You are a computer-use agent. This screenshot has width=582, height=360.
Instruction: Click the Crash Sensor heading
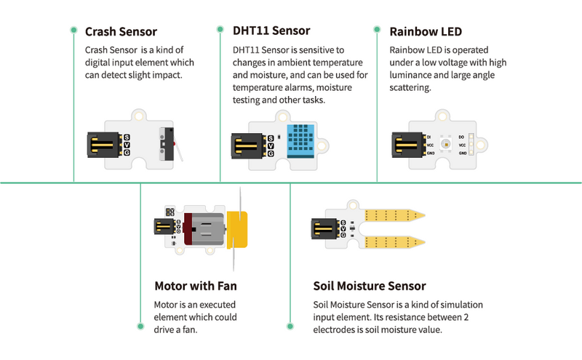(121, 32)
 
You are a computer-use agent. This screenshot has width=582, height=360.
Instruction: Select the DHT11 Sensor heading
(271, 31)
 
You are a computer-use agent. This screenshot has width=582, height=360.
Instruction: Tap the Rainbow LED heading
(426, 32)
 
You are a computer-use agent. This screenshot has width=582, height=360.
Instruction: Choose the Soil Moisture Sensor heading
(370, 286)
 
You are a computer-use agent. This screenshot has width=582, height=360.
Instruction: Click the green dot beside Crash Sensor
(73, 31)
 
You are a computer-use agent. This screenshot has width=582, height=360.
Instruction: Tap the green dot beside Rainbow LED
(377, 30)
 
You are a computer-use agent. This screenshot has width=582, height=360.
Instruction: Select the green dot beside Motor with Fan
(140, 325)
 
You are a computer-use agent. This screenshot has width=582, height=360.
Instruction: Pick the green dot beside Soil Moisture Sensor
(290, 325)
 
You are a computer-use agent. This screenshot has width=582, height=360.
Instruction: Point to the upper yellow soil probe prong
(394, 215)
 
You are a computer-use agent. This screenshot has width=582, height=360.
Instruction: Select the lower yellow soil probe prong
(394, 240)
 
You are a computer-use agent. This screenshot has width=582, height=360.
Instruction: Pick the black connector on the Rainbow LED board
(406, 145)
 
